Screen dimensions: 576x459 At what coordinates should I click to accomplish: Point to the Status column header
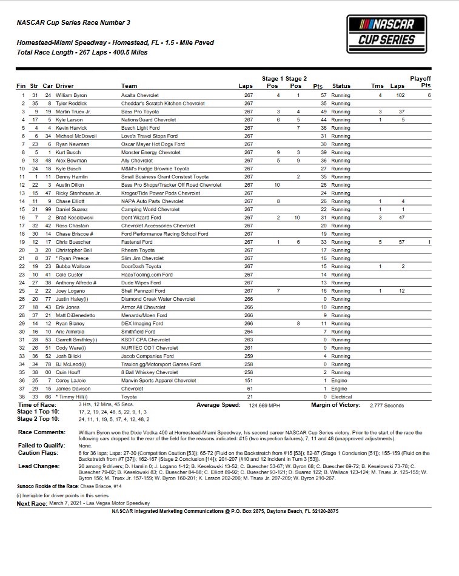[341, 86]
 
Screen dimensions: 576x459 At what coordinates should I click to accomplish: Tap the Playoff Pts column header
[420, 82]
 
